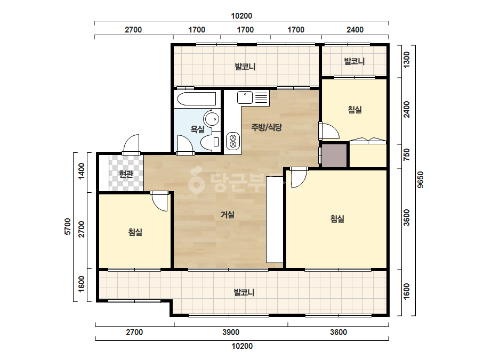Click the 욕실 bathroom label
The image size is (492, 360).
point(198,129)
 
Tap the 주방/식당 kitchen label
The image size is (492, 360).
point(267,127)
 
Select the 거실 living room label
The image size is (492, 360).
point(228,215)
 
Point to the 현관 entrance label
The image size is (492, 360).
point(126,174)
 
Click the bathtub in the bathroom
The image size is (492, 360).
point(197,99)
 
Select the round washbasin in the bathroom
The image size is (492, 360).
point(212,119)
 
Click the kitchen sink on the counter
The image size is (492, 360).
point(245,97)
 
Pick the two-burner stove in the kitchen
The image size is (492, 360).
point(233,141)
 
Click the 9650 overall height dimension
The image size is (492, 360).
point(421,179)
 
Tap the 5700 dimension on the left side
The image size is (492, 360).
point(68,226)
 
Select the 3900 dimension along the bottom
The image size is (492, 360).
point(231,332)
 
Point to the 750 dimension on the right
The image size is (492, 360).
point(406,154)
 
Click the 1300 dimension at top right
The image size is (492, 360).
point(406,60)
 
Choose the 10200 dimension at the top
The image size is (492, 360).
point(241,15)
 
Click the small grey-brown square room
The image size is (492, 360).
point(334,156)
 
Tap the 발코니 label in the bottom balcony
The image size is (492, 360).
point(244,292)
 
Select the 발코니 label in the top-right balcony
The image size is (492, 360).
point(354,61)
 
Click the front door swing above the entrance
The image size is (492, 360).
point(131,144)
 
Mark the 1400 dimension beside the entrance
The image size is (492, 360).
point(81,171)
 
